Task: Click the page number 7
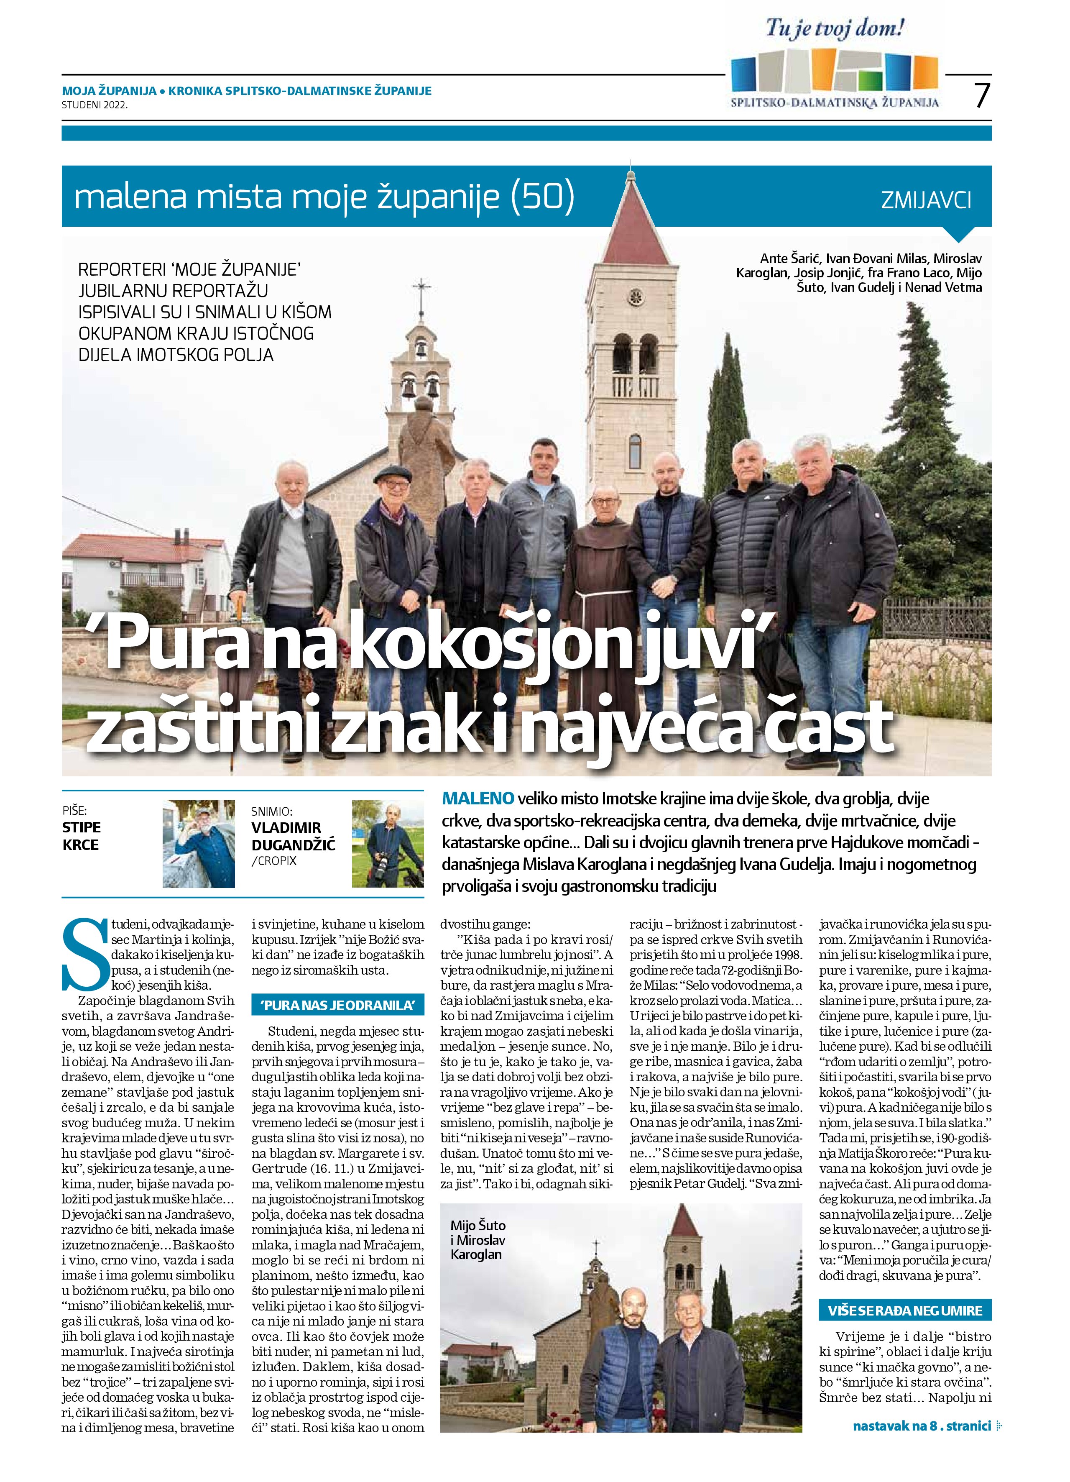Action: pyautogui.click(x=981, y=96)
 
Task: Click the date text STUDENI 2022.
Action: pyautogui.click(x=95, y=103)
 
